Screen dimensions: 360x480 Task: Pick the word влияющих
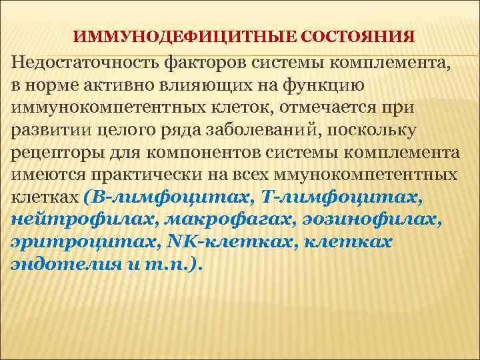tap(213, 87)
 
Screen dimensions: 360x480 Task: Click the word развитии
tap(44, 131)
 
